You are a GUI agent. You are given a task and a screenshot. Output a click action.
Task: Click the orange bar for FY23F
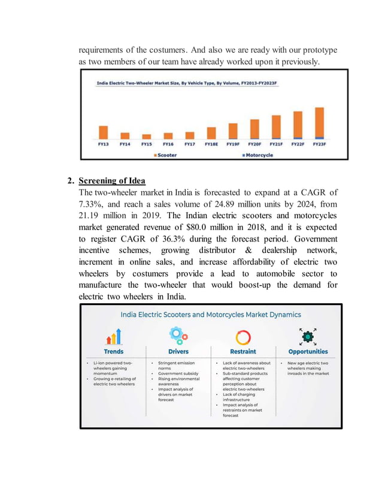pos(319,123)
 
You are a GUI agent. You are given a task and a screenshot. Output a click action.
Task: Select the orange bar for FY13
pos(103,132)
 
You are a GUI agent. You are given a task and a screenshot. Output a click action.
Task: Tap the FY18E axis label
pos(211,144)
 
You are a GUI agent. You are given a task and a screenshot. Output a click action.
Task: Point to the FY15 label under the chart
pos(146,144)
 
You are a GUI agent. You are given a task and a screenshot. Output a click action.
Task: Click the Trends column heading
pos(114,352)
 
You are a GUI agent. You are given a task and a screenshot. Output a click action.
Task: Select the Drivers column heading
pos(178,352)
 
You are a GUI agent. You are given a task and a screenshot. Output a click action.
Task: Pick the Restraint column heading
pos(243,352)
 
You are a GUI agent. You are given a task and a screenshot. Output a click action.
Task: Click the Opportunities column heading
pos(308,352)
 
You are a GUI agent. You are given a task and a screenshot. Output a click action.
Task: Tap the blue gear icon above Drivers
pos(178,336)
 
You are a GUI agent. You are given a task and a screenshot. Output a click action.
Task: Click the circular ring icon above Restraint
pos(243,336)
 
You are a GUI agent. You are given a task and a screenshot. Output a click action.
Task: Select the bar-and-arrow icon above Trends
pos(114,337)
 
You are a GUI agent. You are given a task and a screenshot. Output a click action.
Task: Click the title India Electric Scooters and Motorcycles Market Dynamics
pos(211,314)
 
